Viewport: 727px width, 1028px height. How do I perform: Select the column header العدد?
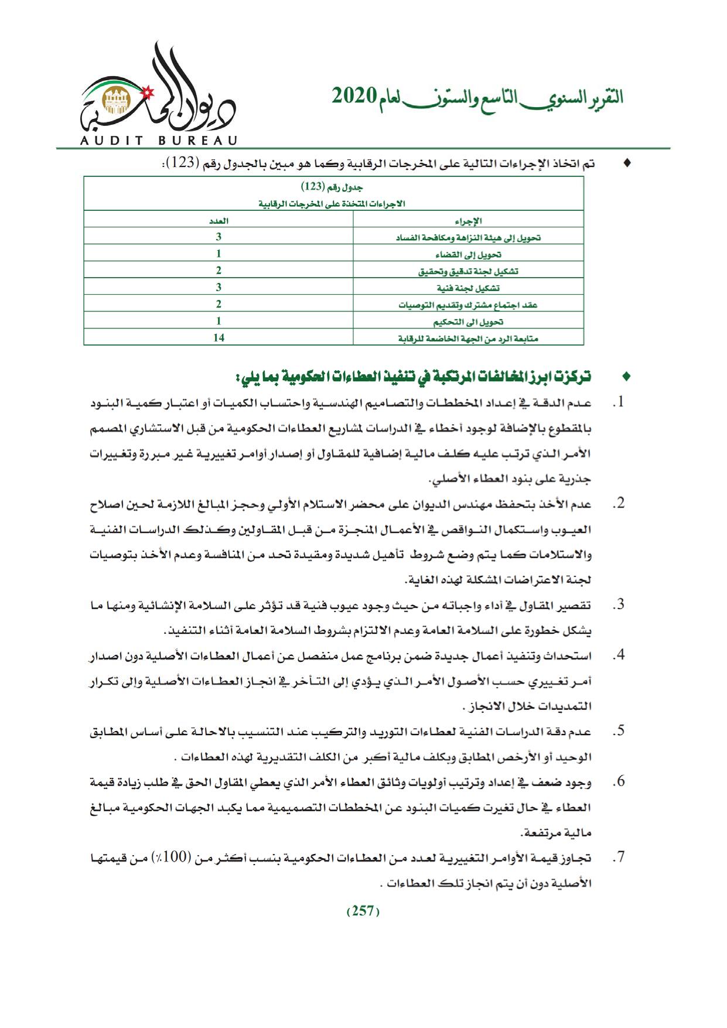219,221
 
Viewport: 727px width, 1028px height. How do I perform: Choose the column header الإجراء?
468,221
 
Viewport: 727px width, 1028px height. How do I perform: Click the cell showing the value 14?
219,337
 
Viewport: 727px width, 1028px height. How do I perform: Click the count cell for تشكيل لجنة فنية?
219,287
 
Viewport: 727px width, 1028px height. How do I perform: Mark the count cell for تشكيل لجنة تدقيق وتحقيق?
219,271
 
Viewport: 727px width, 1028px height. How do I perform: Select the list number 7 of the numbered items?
617,858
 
